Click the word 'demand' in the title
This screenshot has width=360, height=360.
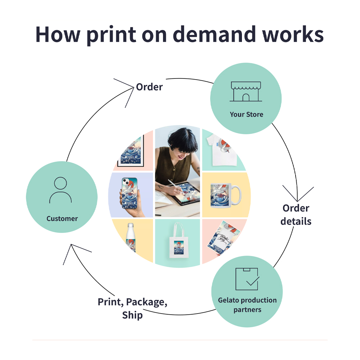(x=205, y=34)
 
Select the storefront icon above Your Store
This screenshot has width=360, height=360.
(x=246, y=91)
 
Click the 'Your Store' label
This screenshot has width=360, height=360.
(x=247, y=114)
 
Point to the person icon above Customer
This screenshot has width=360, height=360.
(x=60, y=190)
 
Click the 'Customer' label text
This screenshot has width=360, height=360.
(x=62, y=219)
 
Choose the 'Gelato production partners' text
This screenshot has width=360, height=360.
(x=247, y=305)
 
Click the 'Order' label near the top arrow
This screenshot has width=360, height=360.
(x=149, y=87)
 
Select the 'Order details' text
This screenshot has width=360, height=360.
(x=296, y=215)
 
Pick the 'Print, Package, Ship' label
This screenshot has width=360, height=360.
(x=132, y=308)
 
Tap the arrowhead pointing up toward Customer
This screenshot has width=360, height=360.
(x=73, y=248)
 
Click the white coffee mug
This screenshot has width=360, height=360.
(x=225, y=194)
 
